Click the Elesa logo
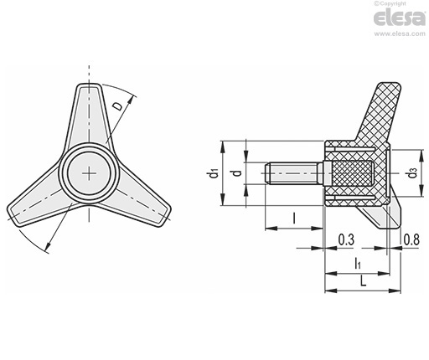400,18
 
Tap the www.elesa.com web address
400,33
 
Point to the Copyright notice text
390,3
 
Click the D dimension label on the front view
119,106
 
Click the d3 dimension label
412,173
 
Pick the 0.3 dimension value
346,239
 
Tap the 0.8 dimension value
411,239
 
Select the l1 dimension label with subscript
358,263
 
